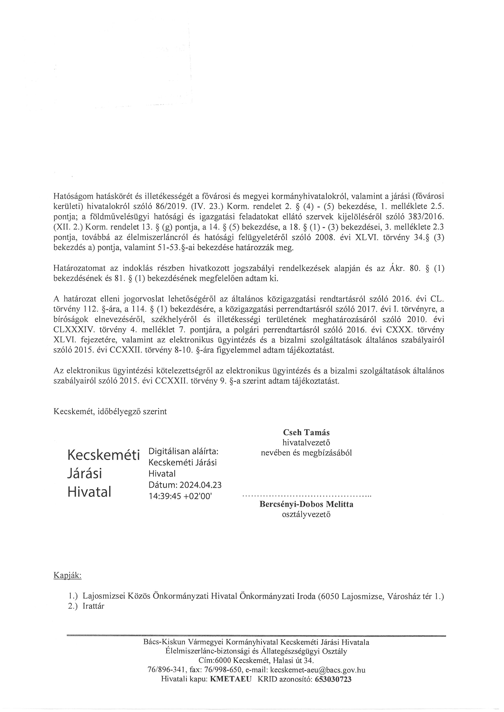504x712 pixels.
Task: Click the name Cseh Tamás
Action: [x=306, y=432]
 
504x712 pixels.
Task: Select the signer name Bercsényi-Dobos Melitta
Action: [x=306, y=504]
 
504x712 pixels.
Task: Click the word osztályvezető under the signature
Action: [x=306, y=514]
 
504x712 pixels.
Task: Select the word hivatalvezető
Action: [x=306, y=443]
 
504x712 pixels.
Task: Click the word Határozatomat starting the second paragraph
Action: [x=80, y=269]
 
